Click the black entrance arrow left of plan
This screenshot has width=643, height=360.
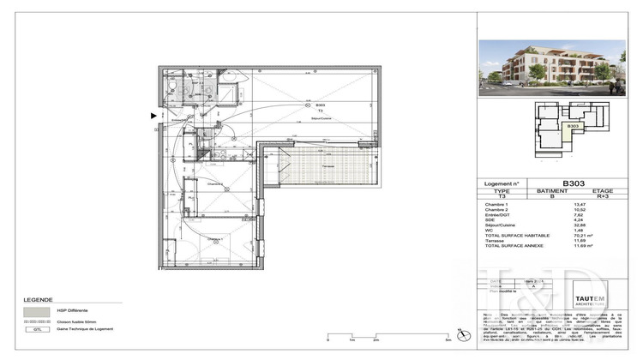(x=154, y=115)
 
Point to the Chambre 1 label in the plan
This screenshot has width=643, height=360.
(x=213, y=239)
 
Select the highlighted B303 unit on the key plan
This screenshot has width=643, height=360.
(x=573, y=127)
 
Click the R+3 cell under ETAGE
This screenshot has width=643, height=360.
(x=602, y=197)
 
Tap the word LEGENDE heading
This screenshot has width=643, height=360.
(x=38, y=289)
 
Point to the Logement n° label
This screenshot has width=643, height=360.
(x=504, y=184)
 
